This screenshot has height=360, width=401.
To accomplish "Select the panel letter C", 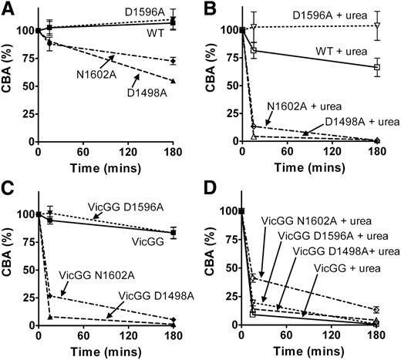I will [8, 190].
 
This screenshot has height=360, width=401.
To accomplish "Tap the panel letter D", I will [210, 190].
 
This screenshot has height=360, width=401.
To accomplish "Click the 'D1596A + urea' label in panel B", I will [319, 15].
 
